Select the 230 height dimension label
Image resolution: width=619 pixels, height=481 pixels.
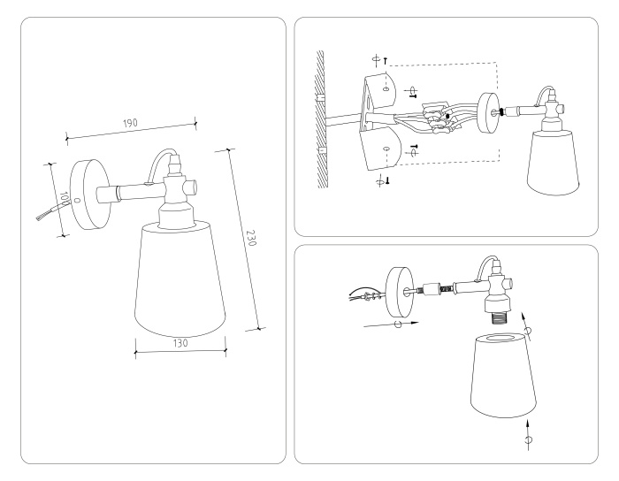point(250,240)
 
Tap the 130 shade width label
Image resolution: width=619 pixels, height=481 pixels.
point(180,343)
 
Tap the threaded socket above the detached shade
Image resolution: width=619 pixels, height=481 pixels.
point(495,312)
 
